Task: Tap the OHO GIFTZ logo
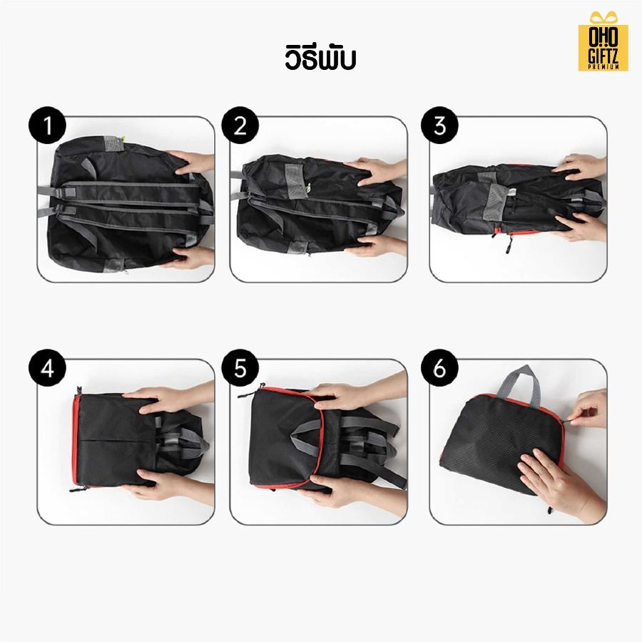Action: [603, 45]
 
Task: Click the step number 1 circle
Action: [47, 126]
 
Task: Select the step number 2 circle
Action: [240, 126]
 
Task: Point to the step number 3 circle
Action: [439, 126]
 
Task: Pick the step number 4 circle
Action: [47, 369]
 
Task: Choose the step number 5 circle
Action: [240, 369]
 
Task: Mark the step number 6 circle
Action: [439, 369]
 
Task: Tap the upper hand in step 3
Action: [581, 168]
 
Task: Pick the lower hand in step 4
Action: [171, 486]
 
